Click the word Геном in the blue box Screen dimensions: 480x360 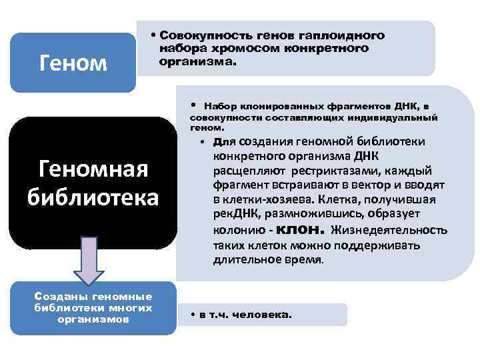73,63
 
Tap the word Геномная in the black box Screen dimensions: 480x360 93,171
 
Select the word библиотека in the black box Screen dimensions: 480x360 93,198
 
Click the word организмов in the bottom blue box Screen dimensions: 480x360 93,319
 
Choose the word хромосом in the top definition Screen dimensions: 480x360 229,48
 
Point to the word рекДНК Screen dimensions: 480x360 237,215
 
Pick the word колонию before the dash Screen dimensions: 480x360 237,231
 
